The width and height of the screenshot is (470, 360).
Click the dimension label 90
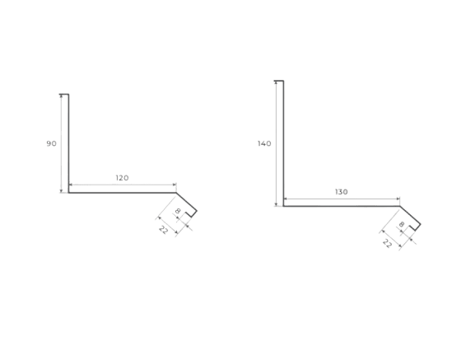(51, 143)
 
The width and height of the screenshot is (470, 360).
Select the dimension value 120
(123, 178)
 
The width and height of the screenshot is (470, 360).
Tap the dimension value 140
(264, 143)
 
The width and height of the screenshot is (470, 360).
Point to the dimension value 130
(342, 192)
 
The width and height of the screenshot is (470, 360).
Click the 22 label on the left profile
(163, 230)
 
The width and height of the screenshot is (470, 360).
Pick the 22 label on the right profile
(387, 244)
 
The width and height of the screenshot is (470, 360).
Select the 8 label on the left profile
(178, 211)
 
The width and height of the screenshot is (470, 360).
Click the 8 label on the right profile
(402, 224)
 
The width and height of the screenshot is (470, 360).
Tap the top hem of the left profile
(64, 94)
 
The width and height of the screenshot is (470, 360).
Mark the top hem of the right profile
(279, 81)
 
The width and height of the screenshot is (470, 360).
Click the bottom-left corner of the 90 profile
(68, 193)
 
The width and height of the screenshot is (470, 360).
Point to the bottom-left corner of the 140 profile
(283, 206)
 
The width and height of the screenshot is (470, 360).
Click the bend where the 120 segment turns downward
(176, 193)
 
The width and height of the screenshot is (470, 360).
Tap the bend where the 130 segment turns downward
(400, 206)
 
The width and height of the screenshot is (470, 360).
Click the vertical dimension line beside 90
(62, 143)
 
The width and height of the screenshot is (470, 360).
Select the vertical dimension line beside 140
(276, 143)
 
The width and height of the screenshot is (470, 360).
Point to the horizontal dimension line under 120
(123, 185)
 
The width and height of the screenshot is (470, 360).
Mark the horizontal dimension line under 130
(342, 199)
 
